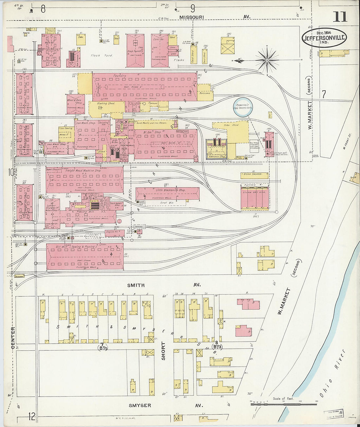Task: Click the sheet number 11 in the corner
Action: [x=340, y=16]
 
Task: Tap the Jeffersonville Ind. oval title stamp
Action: [x=324, y=38]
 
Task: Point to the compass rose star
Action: [x=267, y=60]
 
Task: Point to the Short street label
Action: [x=163, y=351]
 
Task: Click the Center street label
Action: [x=13, y=337]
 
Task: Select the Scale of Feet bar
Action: [x=284, y=404]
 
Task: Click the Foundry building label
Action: [x=119, y=76]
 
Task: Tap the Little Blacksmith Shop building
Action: [x=168, y=193]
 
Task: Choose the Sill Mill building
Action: [x=85, y=257]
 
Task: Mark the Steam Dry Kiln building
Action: [x=255, y=198]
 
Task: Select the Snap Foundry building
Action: [x=135, y=50]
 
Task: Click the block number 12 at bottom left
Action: [x=32, y=417]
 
